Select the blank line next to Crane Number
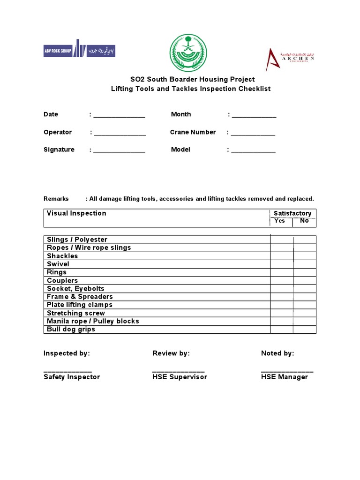253,134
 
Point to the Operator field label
58,132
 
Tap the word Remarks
56,199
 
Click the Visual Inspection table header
77,213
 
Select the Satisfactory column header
292,213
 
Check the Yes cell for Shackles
282,256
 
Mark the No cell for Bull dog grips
305,330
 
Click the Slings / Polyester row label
77,240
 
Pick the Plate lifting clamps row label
80,305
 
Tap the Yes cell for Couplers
282,280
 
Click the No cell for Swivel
305,264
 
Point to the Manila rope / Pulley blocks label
93,321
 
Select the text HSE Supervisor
180,377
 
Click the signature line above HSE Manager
287,370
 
